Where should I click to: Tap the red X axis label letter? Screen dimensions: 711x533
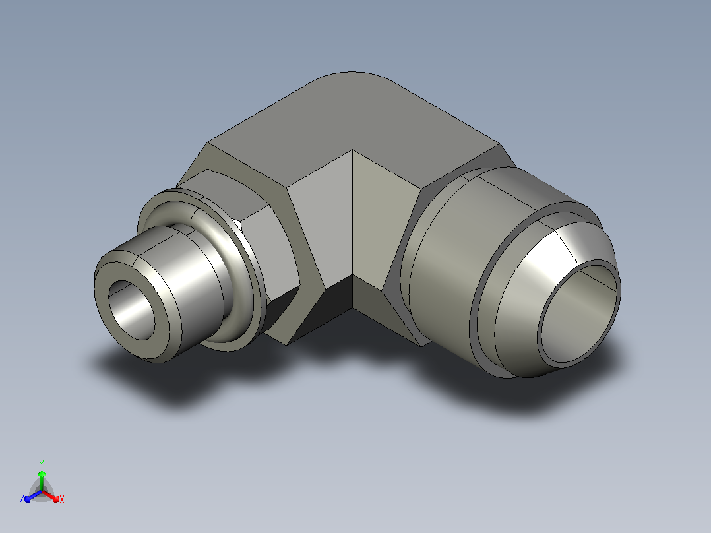point(62,499)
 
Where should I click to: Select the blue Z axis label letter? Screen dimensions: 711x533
point(21,499)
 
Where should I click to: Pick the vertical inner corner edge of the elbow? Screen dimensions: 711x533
point(352,213)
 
